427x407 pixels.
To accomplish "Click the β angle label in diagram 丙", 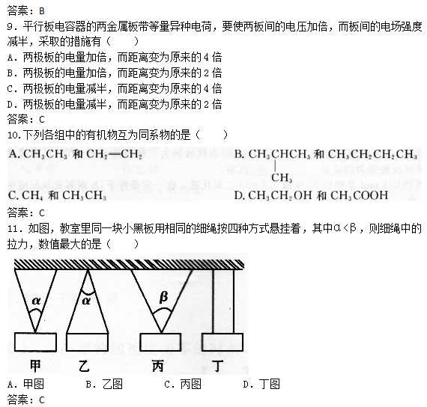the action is [x=163, y=297].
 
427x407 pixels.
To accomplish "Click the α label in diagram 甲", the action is [x=36, y=301].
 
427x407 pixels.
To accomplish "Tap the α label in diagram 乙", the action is [x=86, y=301].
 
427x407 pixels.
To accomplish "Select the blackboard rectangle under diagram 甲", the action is [x=35, y=342].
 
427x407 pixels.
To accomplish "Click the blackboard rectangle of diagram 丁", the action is [x=222, y=342].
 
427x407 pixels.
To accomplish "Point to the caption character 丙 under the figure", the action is [x=158, y=366].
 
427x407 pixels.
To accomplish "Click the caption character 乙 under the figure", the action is [x=84, y=366].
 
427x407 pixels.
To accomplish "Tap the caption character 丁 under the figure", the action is [x=217, y=366].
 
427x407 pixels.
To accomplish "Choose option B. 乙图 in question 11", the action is [x=104, y=384].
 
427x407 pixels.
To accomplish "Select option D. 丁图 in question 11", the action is [x=261, y=384].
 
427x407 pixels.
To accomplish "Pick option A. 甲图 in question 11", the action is [x=25, y=384].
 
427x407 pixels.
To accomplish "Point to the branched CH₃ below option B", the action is [x=282, y=177].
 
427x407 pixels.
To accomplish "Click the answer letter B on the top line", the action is [x=42, y=11].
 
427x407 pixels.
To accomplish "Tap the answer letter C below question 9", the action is [x=42, y=120].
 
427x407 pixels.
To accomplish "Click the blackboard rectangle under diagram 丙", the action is [x=160, y=342].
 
